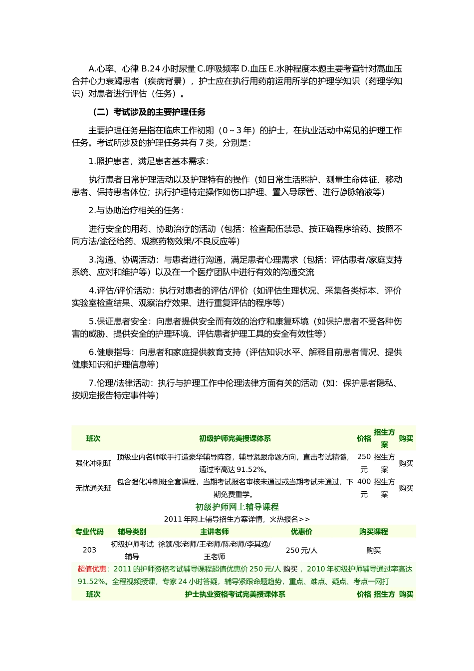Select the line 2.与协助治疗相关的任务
tap(136, 210)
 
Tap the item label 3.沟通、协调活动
tap(120, 260)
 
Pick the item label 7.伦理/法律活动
tap(120, 383)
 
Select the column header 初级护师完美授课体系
tap(235, 438)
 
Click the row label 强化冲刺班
tap(93, 463)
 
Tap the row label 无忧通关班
tap(93, 488)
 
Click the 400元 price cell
tap(364, 488)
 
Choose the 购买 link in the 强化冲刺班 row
tap(406, 463)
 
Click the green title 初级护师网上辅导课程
tap(237, 507)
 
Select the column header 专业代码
tap(89, 532)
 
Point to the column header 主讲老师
tap(214, 532)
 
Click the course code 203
tap(89, 550)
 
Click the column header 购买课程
tap(373, 532)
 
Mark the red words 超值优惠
tap(92, 569)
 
